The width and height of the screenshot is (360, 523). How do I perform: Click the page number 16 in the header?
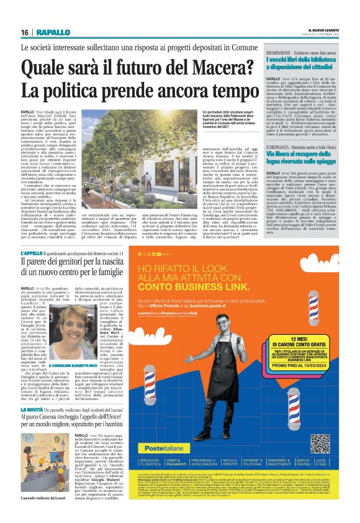click(25, 32)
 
